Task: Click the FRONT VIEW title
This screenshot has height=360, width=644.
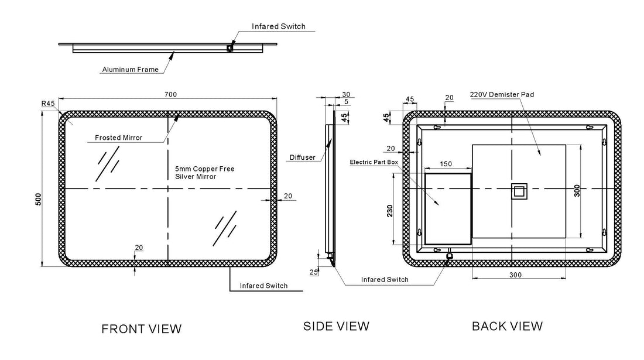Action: [x=141, y=329]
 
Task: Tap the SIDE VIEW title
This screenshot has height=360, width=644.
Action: [x=337, y=326]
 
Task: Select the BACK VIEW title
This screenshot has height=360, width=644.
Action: [x=507, y=326]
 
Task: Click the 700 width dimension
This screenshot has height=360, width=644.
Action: [x=170, y=94]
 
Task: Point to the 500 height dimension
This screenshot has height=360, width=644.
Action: [x=39, y=199]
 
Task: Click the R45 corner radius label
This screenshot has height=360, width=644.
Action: [x=48, y=104]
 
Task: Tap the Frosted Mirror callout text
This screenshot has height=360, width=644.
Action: [x=119, y=138]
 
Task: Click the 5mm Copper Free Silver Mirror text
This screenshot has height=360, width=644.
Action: [x=204, y=173]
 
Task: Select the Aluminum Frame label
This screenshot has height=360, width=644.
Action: [x=130, y=70]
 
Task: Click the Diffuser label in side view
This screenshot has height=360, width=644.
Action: [x=302, y=157]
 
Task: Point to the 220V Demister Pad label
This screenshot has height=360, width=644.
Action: [x=502, y=94]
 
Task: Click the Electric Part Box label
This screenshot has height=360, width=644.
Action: [x=374, y=162]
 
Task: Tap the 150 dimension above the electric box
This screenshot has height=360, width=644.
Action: [x=446, y=164]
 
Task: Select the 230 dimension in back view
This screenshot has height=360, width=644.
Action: [x=390, y=211]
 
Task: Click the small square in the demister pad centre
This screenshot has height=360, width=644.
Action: [x=519, y=191]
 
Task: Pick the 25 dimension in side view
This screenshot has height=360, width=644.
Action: [x=314, y=272]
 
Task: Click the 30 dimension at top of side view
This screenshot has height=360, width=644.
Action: [x=346, y=94]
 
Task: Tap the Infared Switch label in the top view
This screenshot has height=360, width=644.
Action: [x=279, y=26]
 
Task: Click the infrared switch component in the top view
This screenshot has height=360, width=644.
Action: [x=230, y=48]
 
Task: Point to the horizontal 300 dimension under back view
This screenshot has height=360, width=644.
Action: [x=515, y=275]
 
